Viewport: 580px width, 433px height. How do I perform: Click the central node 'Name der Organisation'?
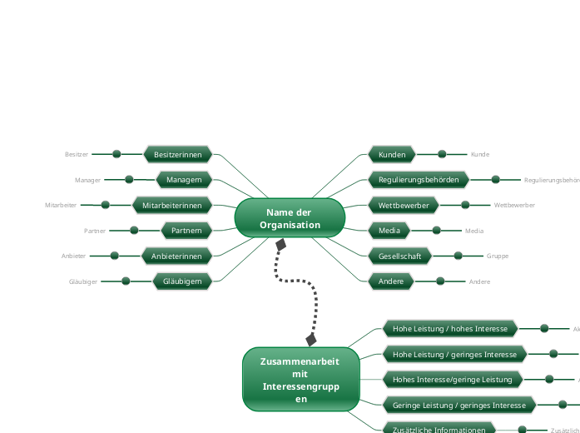click(x=290, y=218)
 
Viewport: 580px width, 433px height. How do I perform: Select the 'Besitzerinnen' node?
click(x=178, y=154)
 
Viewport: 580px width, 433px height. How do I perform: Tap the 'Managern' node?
click(x=184, y=179)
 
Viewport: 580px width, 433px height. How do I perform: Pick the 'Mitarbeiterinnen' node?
click(x=172, y=205)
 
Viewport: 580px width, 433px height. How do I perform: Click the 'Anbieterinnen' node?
click(x=176, y=256)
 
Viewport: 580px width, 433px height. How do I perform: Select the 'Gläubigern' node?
click(x=178, y=281)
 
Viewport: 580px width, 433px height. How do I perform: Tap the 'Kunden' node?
click(x=392, y=154)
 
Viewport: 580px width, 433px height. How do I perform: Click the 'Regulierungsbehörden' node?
click(x=419, y=179)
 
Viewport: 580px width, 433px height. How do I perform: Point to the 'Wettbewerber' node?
click(x=404, y=205)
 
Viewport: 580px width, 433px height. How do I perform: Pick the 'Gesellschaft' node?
click(x=399, y=256)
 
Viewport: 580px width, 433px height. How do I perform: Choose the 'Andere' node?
click(x=391, y=281)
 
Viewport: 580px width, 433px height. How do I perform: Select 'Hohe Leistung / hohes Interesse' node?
click(x=450, y=329)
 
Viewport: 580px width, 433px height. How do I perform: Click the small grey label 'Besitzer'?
click(x=76, y=154)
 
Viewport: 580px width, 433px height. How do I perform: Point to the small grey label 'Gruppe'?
click(x=498, y=256)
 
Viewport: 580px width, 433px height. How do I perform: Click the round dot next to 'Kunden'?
click(x=442, y=154)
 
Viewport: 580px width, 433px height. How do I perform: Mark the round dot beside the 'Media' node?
click(x=436, y=231)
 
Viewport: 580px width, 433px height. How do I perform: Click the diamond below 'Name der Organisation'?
click(x=281, y=245)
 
